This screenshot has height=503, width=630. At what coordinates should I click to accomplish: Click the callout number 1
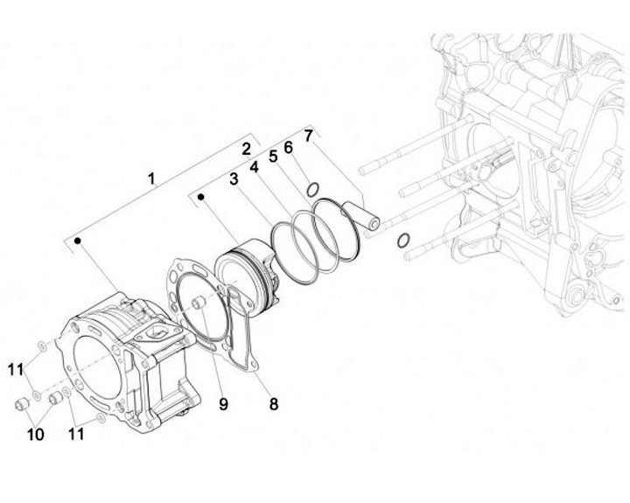coord(151,178)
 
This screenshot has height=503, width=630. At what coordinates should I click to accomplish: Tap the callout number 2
coord(247,148)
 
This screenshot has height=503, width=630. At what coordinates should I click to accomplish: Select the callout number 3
coord(234,179)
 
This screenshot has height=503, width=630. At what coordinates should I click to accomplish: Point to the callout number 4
coord(254,166)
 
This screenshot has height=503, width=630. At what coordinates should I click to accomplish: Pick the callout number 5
coord(273,156)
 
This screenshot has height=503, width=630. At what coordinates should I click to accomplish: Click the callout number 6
coord(288,146)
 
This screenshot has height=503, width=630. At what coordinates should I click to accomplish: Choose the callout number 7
coord(307,135)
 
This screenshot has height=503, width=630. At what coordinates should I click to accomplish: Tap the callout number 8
coord(273,404)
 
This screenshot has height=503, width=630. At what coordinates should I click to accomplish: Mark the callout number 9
coord(223,403)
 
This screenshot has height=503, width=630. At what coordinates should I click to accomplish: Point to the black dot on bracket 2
coord(201,198)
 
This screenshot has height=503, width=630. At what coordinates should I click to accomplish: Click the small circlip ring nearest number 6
coord(312,189)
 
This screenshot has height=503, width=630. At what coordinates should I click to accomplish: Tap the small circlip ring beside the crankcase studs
coord(403,241)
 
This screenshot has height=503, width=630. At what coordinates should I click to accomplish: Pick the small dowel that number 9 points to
coord(198,302)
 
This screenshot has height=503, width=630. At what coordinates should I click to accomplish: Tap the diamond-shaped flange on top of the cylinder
coord(158,332)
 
